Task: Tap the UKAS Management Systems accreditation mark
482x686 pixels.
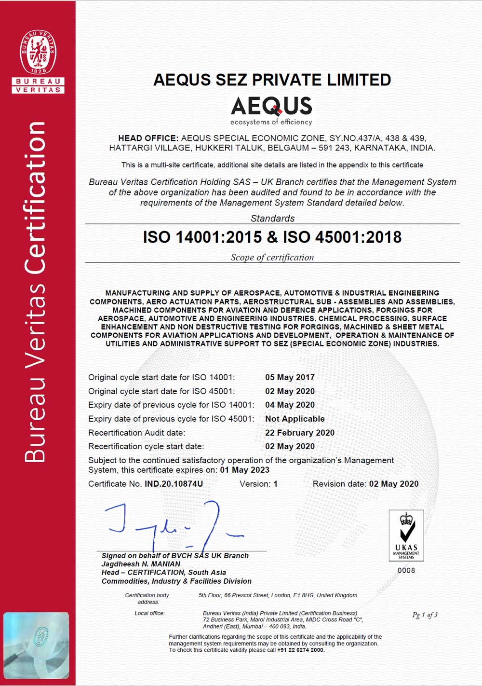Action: tap(406, 535)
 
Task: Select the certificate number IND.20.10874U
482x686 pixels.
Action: tap(174, 484)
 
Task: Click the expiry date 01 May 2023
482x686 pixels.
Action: tap(245, 470)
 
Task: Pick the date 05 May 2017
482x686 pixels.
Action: tap(290, 377)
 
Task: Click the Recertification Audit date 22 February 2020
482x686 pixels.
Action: tap(299, 433)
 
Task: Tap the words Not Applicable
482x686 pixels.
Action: tap(295, 419)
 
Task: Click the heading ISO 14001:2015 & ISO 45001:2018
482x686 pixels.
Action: tap(272, 237)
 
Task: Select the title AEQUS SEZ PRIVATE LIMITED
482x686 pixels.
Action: tap(272, 80)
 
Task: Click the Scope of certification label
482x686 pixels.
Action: tap(272, 258)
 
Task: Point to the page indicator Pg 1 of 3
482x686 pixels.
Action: tap(425, 615)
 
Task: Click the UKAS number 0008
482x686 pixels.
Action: tap(406, 570)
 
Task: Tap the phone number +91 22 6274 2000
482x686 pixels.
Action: tap(304, 650)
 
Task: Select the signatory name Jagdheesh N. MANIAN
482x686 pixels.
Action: tap(141, 564)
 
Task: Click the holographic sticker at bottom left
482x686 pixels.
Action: tap(36, 645)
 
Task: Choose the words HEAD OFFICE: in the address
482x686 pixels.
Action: tap(148, 138)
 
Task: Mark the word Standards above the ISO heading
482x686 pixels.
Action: tap(272, 219)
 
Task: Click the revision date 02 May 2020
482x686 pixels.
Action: tap(393, 484)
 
